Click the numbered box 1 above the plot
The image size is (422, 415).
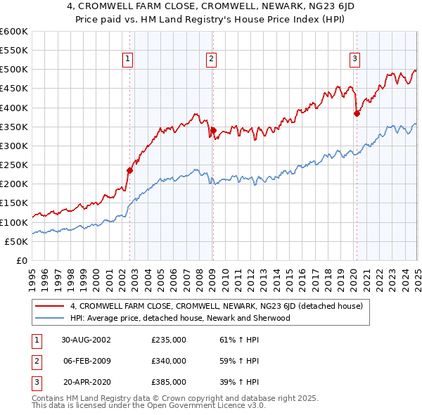[128, 60]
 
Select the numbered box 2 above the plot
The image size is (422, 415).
[211, 60]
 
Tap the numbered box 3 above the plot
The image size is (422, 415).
[355, 60]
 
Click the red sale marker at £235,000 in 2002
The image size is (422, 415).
[130, 170]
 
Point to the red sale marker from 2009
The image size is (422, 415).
[212, 130]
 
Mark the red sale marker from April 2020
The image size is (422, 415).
[357, 113]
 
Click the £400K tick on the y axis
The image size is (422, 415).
[13, 108]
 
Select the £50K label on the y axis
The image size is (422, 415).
[16, 241]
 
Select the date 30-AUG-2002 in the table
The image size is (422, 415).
[87, 339]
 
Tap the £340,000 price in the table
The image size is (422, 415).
[169, 361]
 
